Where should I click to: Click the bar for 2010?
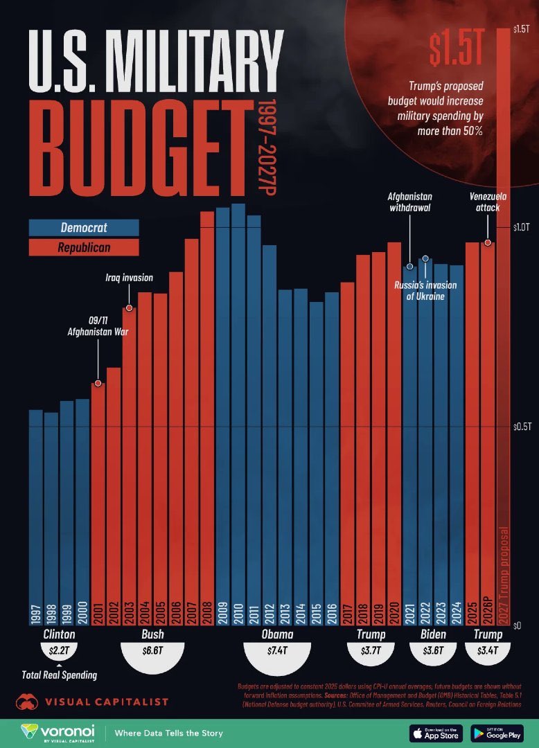click(238, 416)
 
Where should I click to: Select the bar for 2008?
click(207, 416)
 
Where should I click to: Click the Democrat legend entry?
click(84, 227)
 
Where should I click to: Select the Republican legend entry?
click(84, 247)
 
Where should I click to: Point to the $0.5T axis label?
click(521, 427)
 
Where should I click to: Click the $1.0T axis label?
click(521, 226)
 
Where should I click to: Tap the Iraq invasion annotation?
click(129, 278)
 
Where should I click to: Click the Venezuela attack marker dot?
click(488, 242)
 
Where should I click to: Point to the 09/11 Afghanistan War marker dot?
click(98, 383)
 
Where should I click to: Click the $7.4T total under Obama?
click(276, 651)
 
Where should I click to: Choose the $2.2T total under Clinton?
click(59, 651)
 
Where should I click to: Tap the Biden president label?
click(433, 634)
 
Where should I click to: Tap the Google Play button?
click(496, 733)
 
